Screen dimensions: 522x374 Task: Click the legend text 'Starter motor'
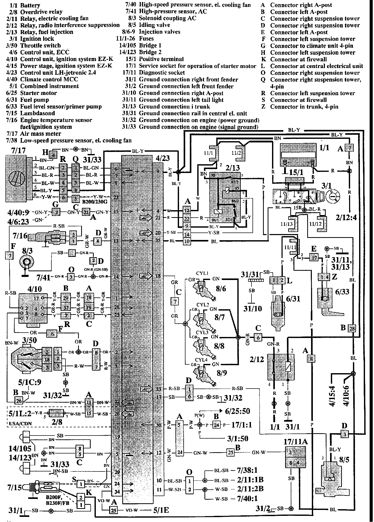click(39, 93)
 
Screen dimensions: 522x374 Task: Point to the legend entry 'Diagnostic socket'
click(162, 73)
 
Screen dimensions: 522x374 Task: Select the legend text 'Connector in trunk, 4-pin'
click(304, 107)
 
